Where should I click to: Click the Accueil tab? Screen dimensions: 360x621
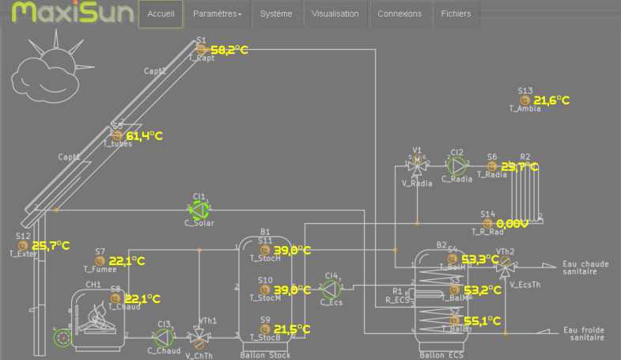tap(161, 14)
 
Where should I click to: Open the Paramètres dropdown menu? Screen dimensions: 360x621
tap(217, 14)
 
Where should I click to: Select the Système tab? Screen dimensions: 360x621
tap(276, 14)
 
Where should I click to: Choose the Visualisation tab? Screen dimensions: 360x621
tap(335, 14)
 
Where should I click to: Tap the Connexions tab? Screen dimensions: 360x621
tap(399, 14)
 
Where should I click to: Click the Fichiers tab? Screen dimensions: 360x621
tap(456, 14)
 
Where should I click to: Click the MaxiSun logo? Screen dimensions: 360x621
tap(67, 13)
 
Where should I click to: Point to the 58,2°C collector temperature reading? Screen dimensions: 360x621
tap(229, 50)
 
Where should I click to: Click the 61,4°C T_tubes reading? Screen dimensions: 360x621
tap(144, 136)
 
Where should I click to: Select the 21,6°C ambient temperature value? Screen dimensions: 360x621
tap(551, 100)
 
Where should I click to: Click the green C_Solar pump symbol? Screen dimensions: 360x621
tap(199, 209)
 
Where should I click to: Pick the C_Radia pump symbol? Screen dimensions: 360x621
tap(457, 165)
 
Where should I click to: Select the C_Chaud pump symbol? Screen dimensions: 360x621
tap(164, 336)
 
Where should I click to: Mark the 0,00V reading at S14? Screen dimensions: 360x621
tap(512, 224)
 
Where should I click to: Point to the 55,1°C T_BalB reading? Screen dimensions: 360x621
tap(483, 321)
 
